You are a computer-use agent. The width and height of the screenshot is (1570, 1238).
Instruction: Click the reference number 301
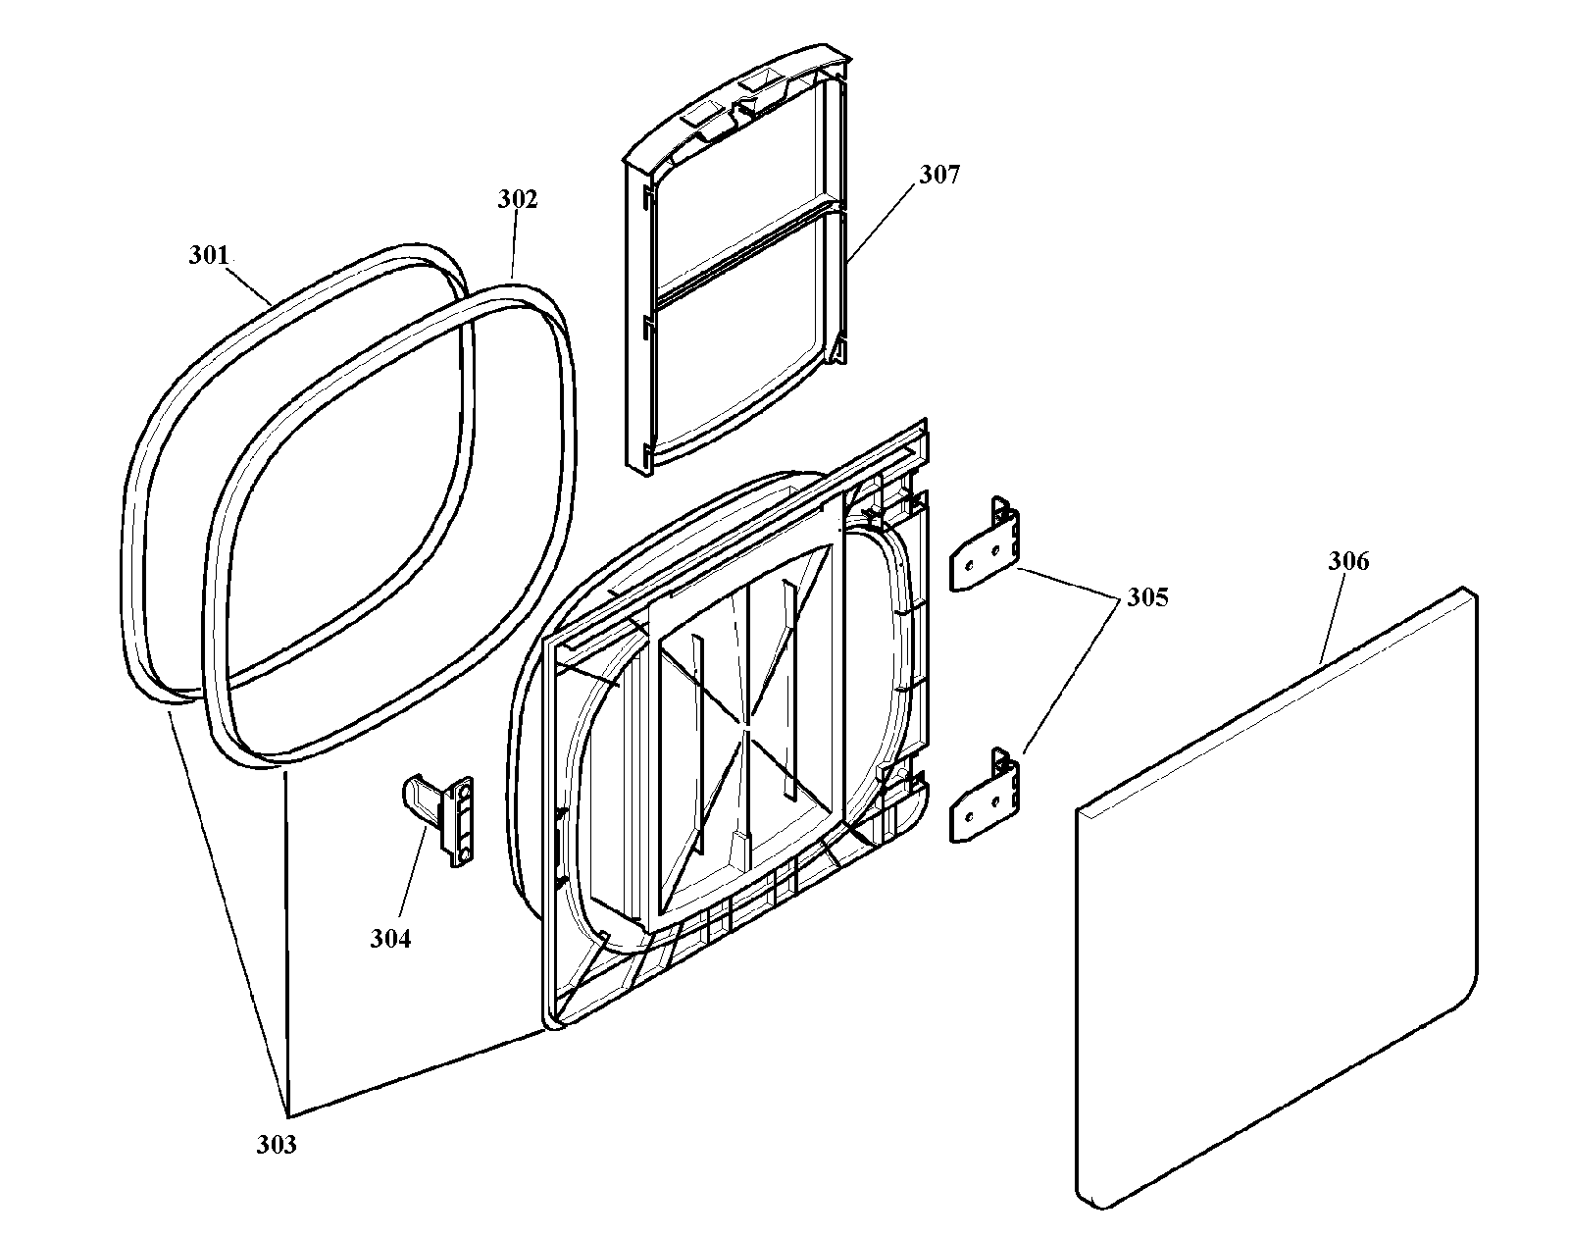[210, 255]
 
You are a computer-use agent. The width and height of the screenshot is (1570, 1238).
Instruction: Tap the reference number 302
[517, 199]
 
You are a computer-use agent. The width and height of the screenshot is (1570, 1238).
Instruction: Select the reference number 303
[277, 1145]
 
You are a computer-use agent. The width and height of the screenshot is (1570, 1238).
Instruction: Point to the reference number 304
[390, 939]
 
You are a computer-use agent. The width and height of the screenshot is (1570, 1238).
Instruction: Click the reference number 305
[1147, 597]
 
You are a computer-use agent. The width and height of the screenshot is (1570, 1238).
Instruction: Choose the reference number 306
[1348, 560]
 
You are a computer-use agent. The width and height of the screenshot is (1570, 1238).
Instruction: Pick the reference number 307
[938, 174]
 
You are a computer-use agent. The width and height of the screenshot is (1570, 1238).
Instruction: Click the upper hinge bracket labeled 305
[985, 543]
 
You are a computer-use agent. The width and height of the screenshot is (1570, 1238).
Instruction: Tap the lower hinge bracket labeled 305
[985, 796]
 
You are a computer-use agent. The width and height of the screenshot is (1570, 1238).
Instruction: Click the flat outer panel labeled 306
[1277, 898]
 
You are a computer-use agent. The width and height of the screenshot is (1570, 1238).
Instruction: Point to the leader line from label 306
[1335, 618]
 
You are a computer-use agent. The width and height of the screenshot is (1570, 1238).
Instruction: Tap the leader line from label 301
[249, 286]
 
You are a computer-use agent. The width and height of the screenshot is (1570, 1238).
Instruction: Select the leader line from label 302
[514, 244]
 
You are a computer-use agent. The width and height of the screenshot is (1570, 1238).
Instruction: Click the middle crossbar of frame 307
[751, 252]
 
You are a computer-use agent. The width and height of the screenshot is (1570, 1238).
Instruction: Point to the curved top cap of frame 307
[736, 110]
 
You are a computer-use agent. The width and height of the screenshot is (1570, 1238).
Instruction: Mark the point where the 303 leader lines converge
[289, 1116]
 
